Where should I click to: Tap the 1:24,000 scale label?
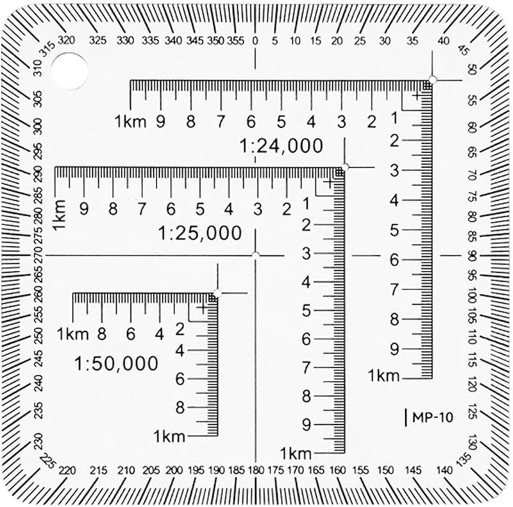(281, 146)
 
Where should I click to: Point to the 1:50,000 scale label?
(116, 364)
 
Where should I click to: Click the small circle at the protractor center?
(256, 255)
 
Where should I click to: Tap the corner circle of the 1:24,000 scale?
(432, 80)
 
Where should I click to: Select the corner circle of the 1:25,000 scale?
(345, 167)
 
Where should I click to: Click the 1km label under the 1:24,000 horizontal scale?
(131, 121)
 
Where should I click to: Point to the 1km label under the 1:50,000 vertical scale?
(169, 436)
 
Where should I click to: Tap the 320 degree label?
(66, 39)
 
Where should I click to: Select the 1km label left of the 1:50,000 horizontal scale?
(72, 334)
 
